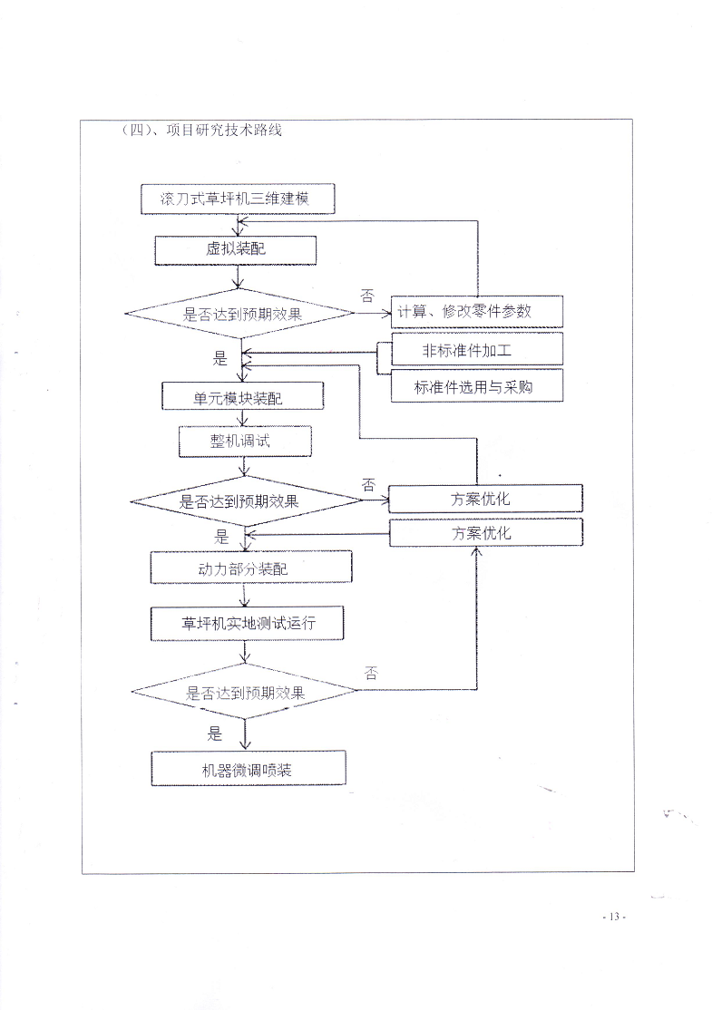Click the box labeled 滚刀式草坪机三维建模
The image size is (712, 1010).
coord(238,199)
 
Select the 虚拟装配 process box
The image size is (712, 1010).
coord(235,250)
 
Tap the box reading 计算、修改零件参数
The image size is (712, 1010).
coord(477,312)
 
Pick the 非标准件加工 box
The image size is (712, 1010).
coord(477,350)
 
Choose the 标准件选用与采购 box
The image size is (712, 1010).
coord(477,386)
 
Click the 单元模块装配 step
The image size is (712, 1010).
coord(242,396)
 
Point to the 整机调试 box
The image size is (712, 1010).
coord(245,442)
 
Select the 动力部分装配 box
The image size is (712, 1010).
coord(251,568)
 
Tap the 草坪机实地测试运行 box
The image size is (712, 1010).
coord(247,623)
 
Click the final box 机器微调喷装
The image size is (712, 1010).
coord(249,768)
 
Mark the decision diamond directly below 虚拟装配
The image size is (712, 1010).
coord(239,314)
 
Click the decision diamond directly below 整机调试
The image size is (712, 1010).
coord(246,500)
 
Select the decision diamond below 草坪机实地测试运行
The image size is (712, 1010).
coord(244,691)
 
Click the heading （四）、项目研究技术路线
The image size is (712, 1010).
coord(201,130)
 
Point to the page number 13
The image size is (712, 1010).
coord(613,917)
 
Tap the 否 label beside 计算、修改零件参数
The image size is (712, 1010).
coord(366,296)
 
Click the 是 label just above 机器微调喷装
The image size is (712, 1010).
coord(215,733)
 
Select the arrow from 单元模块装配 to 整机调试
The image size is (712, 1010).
coord(242,418)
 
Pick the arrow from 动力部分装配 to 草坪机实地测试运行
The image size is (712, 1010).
coord(244,595)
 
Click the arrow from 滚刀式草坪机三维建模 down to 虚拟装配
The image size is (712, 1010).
coord(238,225)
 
